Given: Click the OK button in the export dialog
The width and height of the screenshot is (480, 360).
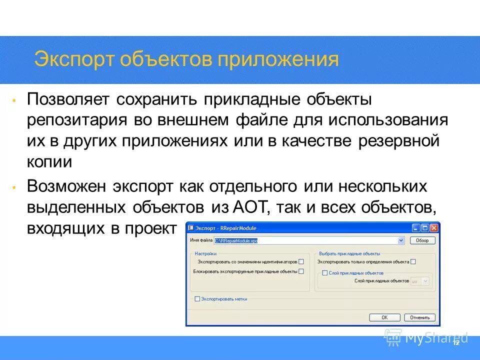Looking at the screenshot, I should coord(384,317).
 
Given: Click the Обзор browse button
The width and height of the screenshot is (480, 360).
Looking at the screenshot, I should coord(422,240).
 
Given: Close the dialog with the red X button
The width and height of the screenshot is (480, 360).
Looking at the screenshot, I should coord(433,228).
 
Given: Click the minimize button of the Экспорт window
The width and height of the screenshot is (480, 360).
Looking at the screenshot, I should coord(416,228).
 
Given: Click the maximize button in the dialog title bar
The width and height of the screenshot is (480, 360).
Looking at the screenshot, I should coord(424,228).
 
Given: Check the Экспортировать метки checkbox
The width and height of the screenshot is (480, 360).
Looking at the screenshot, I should coord(197,299).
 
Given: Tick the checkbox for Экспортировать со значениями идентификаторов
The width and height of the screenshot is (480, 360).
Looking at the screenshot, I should coord(301,261).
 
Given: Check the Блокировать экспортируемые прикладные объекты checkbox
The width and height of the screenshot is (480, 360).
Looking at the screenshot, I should coord(301,271).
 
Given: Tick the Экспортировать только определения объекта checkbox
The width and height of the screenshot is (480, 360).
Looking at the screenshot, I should coord(413,261).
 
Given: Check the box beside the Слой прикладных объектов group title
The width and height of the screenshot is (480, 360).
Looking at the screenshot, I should coord(324,273).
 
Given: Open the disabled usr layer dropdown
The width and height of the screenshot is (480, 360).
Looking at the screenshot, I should coord(420,281).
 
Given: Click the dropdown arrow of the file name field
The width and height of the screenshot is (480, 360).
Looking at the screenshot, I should coord(401,240).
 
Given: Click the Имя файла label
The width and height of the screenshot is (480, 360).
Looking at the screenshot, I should coord(201,240).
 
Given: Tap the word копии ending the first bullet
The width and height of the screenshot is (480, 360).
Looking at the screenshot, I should coord(49,162).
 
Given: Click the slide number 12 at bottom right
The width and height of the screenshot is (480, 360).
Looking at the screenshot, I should coord(455,343).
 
